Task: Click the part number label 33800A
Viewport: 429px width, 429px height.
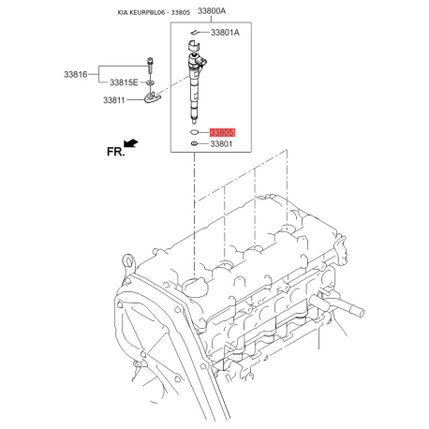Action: (x=212, y=11)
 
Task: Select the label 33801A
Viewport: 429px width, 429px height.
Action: (x=225, y=33)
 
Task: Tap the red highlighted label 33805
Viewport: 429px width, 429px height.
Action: (x=222, y=132)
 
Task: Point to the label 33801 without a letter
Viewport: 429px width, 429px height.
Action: (x=221, y=144)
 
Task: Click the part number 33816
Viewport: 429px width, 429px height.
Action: (x=76, y=75)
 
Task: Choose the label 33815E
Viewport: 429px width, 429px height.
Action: (x=124, y=82)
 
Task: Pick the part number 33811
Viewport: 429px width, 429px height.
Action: (x=114, y=100)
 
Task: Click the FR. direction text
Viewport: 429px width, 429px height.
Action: (x=115, y=152)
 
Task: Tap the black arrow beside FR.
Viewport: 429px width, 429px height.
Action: (x=131, y=143)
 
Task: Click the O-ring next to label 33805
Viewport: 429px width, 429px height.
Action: (x=194, y=132)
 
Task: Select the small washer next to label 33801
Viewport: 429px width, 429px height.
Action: (x=194, y=143)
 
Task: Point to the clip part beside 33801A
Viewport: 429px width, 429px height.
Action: (x=195, y=32)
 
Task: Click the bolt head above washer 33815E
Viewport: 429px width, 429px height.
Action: (x=150, y=59)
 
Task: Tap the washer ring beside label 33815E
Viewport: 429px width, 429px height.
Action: (x=150, y=82)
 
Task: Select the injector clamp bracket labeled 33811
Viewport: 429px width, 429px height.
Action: (x=153, y=97)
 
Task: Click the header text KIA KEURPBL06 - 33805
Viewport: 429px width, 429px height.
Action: (x=154, y=13)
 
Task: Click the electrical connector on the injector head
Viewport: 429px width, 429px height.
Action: (x=203, y=62)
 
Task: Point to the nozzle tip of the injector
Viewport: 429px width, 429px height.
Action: (x=195, y=120)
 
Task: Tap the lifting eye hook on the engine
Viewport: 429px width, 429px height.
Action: (x=128, y=261)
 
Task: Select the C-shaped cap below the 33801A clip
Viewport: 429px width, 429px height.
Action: (x=193, y=45)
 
